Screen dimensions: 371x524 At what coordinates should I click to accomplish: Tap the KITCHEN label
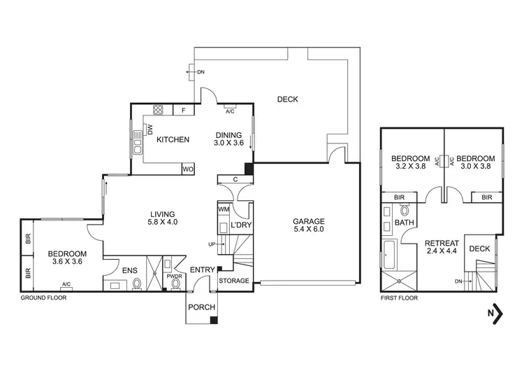point(173,140)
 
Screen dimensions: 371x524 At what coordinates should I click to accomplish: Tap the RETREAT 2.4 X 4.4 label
point(442,248)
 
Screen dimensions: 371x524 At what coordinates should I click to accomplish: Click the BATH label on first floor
point(404,223)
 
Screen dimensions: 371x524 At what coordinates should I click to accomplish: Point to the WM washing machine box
point(224,209)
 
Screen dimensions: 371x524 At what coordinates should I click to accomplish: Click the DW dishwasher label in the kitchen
point(150,130)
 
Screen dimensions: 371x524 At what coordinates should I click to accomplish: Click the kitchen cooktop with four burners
point(159,109)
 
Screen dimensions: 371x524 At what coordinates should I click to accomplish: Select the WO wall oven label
point(187,169)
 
